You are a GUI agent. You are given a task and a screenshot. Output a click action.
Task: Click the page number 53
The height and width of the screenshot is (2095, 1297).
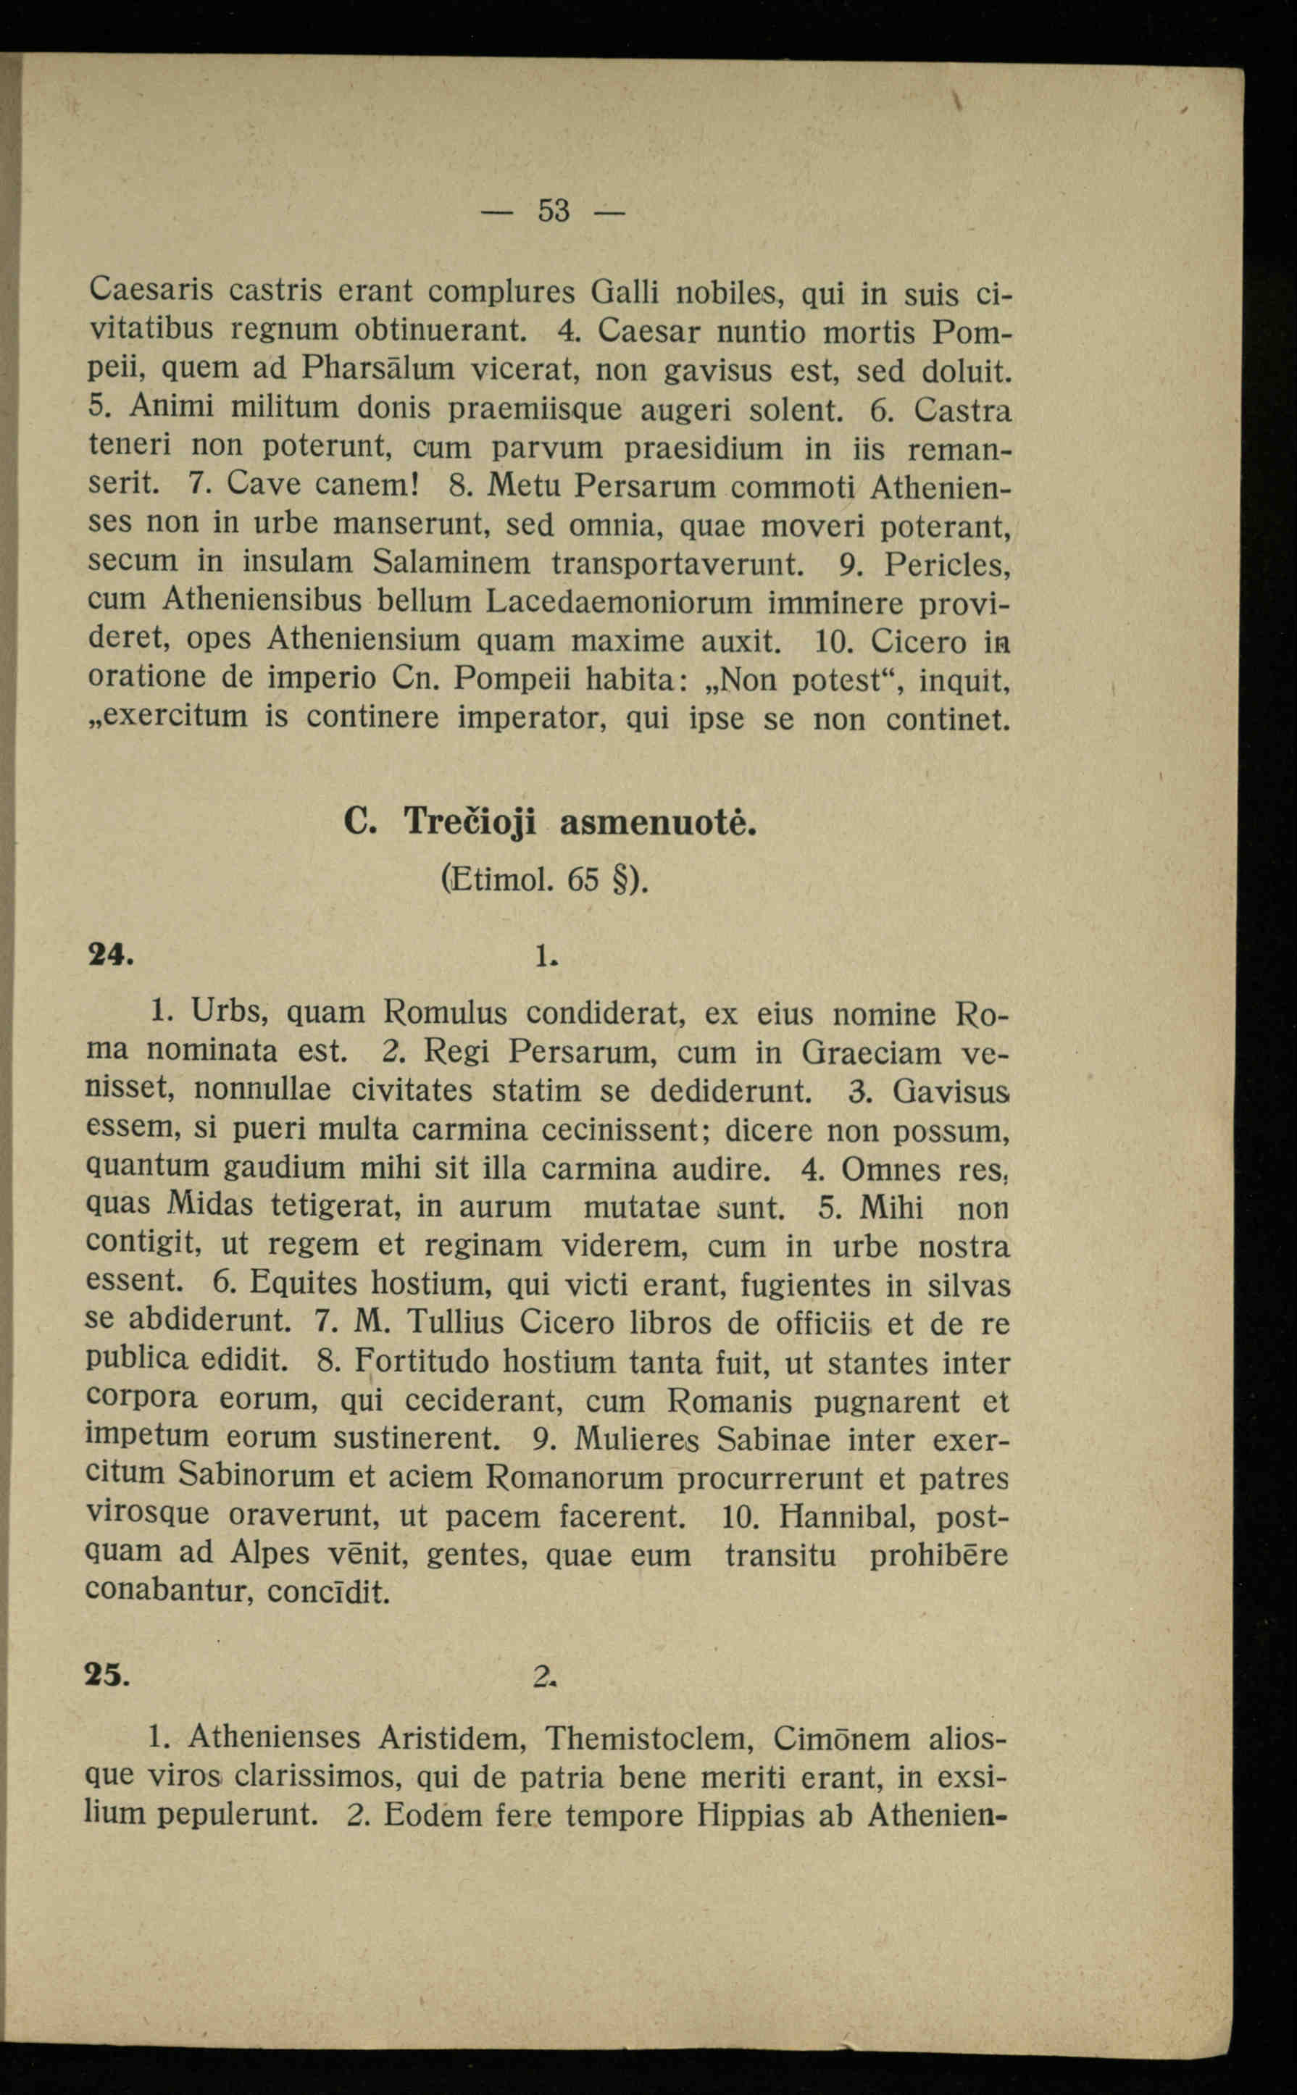coord(554,210)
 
